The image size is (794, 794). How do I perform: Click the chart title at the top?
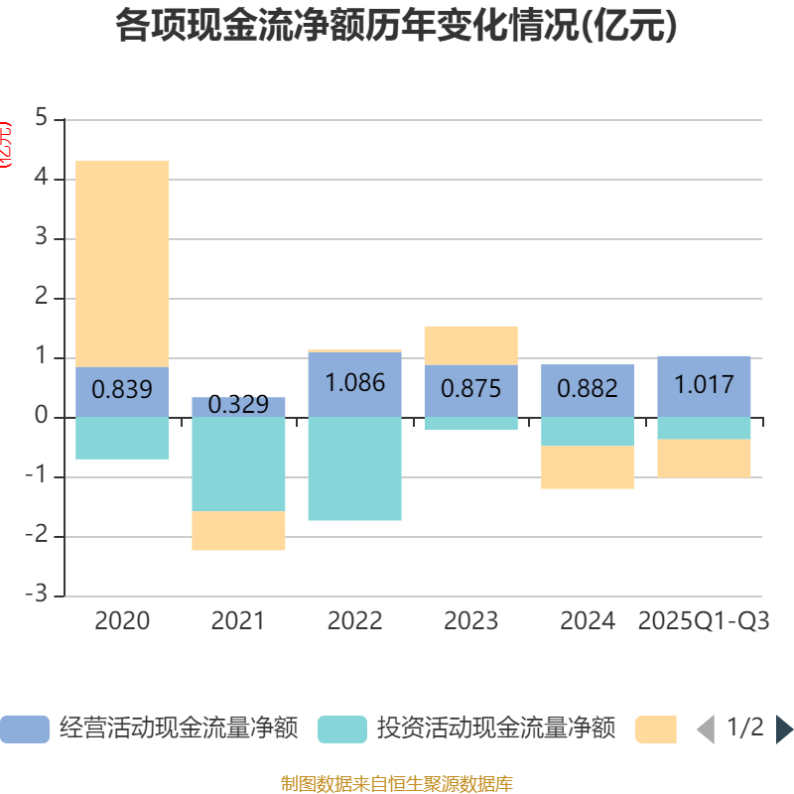coord(397,26)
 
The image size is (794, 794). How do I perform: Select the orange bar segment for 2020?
coord(122,263)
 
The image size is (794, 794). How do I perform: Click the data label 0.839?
coord(122,390)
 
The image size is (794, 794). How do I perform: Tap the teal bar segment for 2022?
coord(354,468)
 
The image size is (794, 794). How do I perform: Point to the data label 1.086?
coord(354,382)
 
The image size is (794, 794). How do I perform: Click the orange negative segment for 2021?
coord(238,531)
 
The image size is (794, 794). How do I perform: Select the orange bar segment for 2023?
coord(470,344)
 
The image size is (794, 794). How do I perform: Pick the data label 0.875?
coord(470,389)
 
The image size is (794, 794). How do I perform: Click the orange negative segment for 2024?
coord(588,467)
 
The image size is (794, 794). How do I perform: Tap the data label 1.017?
coord(704,384)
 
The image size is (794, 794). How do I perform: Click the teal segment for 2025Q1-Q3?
coord(704,428)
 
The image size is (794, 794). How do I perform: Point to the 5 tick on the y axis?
coord(41,118)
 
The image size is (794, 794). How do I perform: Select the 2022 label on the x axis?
coord(354,621)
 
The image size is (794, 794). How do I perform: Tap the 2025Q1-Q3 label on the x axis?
coord(704,621)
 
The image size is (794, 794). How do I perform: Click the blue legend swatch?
coord(24,729)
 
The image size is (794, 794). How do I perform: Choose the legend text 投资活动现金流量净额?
coord(495,728)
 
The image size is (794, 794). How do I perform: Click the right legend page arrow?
coord(784,729)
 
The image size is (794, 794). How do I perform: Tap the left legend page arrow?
coord(706,729)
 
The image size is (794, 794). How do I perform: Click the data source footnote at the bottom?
coord(397,784)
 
